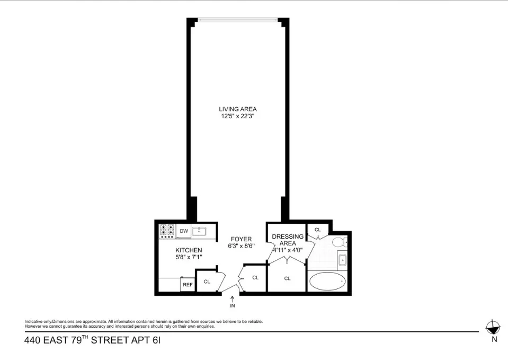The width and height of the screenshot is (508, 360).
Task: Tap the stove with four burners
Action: coord(167,231)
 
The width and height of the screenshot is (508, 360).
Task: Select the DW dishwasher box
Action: coord(184,231)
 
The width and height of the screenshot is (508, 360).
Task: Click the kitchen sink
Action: coord(199,231)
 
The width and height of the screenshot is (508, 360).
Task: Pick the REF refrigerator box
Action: coord(187,285)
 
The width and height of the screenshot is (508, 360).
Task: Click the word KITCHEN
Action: coord(189,250)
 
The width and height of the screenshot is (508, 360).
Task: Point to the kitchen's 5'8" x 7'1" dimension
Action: coord(189,257)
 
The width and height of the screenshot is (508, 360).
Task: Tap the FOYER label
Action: coord(240,239)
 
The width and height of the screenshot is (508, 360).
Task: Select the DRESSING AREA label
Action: coord(288,240)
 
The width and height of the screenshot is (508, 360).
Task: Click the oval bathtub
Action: coord(328,281)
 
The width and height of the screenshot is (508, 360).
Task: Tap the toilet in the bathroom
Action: coord(339,243)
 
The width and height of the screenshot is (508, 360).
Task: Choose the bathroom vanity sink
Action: coord(342,260)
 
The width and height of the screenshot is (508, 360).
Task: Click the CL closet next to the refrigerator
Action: coord(207,282)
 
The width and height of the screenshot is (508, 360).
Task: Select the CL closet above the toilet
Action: coord(318,230)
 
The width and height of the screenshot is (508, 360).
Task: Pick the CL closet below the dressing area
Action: coord(288,278)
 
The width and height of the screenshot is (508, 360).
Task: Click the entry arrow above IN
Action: coord(232,299)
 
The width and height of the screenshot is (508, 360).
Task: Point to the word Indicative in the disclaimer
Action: coord(34,322)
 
